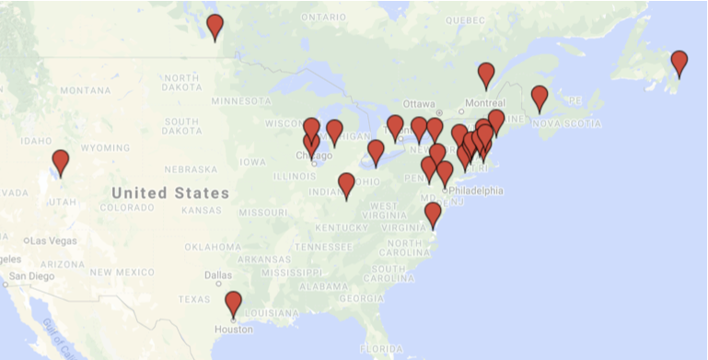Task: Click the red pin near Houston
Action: [234, 304]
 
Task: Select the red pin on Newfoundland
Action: [679, 63]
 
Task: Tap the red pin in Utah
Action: [61, 162]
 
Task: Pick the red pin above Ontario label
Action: [215, 27]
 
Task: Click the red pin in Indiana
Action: [347, 185]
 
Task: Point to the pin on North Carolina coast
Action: [434, 215]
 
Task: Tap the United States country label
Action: [170, 193]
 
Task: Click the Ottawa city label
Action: [419, 102]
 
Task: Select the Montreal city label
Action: [484, 102]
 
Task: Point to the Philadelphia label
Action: [476, 191]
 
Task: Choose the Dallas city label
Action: [219, 274]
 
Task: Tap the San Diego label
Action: [33, 276]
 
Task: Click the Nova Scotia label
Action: [559, 122]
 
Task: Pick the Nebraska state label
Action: [191, 168]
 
